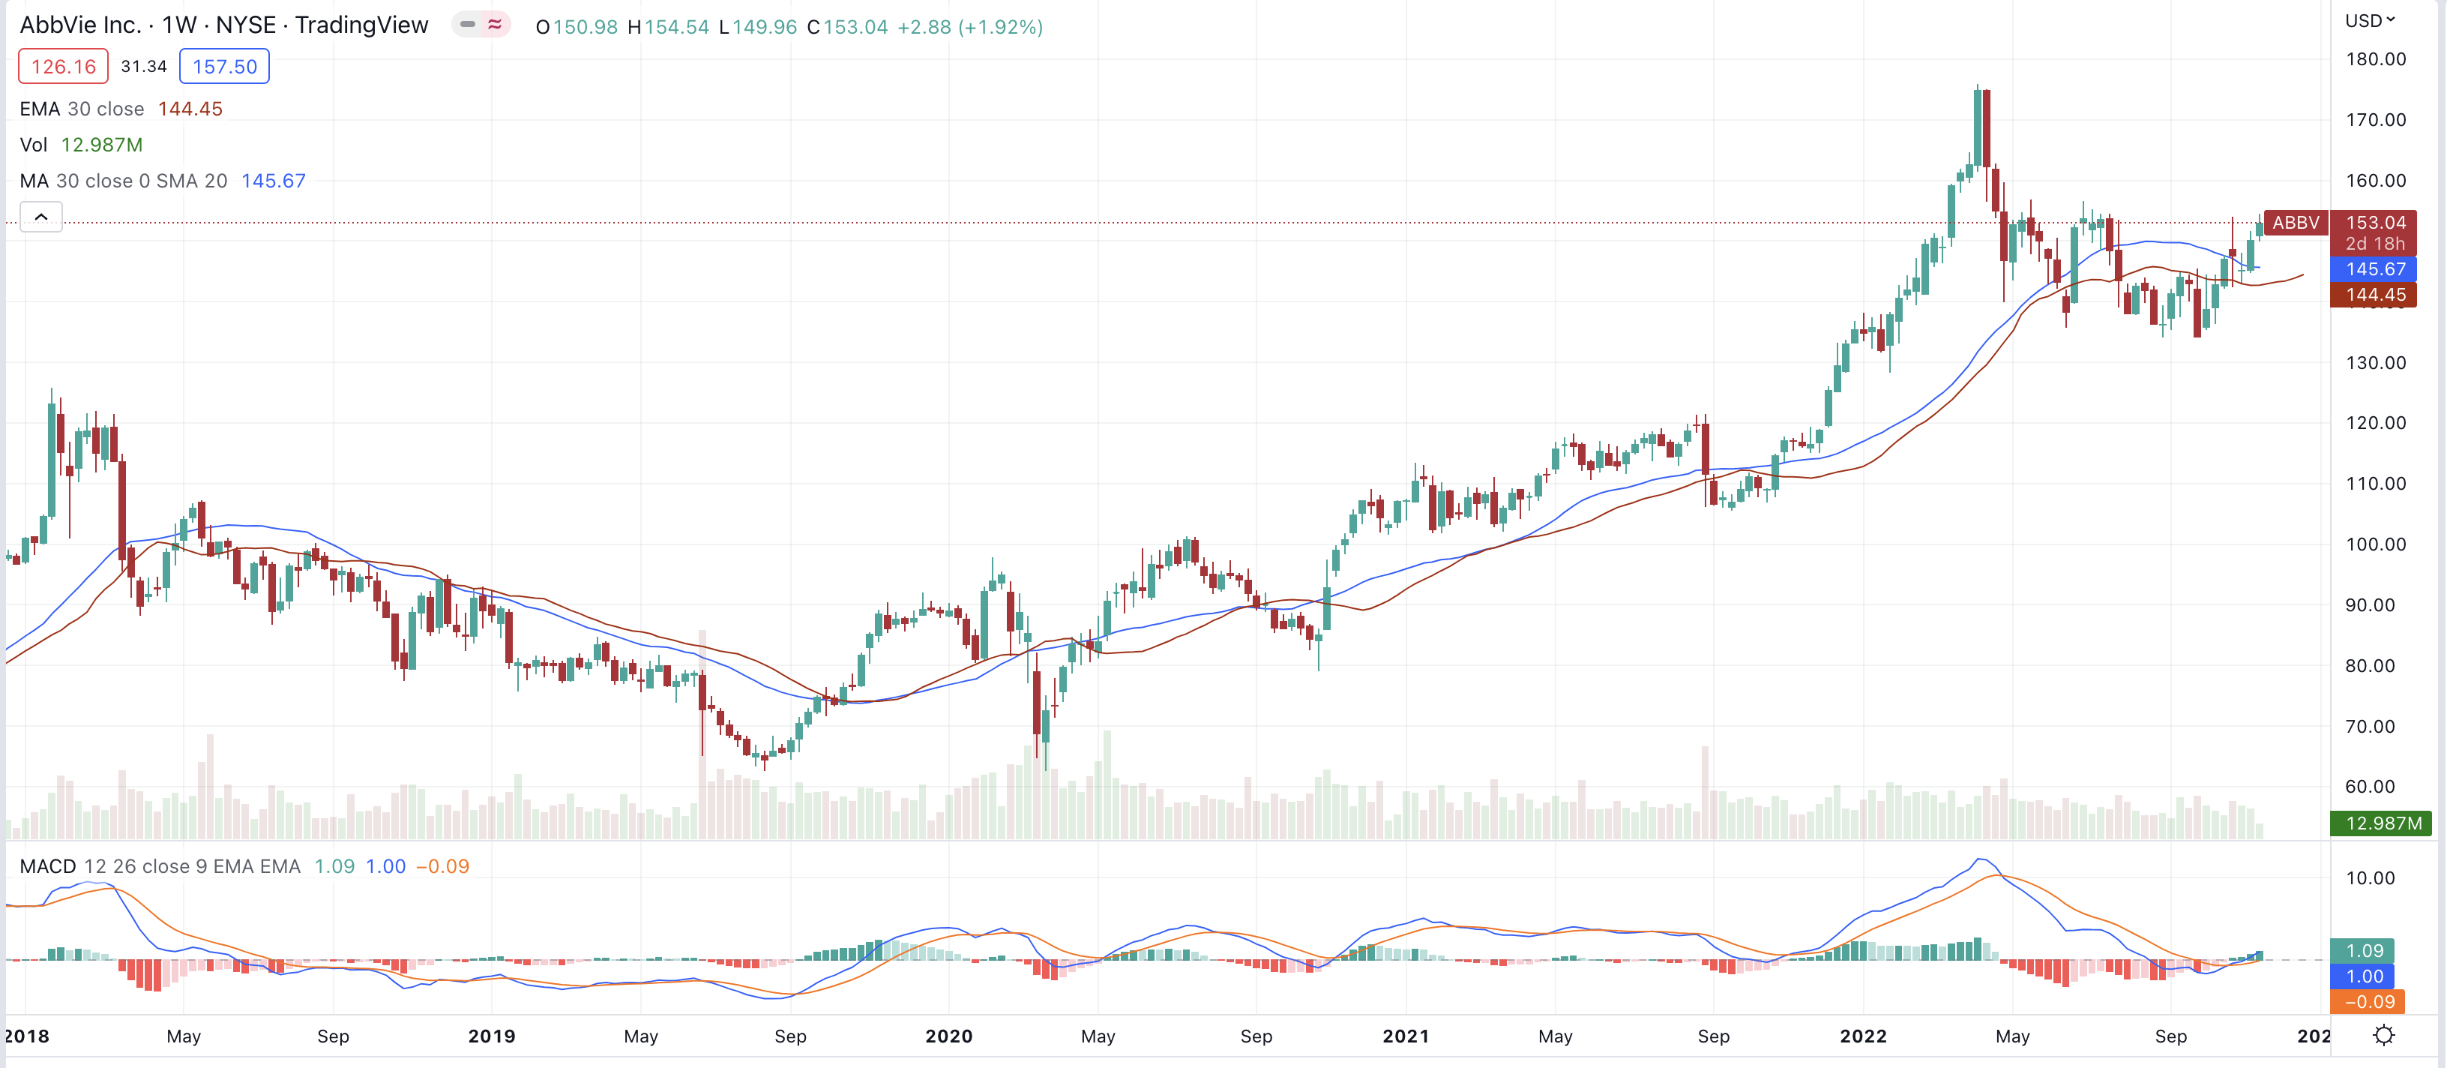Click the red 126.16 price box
[x=63, y=67]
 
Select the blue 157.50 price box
[x=224, y=67]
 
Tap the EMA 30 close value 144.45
[x=190, y=109]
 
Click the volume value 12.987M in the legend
[x=102, y=145]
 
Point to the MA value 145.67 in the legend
[x=274, y=181]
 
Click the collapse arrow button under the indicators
[x=40, y=217]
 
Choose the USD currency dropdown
[x=2369, y=21]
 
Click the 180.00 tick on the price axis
[x=2375, y=59]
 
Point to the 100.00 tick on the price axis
[x=2375, y=544]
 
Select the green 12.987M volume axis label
[x=2382, y=823]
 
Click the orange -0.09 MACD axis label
[x=2369, y=1001]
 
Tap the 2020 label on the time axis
[x=948, y=1036]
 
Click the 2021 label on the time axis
[x=1405, y=1036]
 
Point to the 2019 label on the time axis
[x=491, y=1036]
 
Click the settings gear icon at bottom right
[x=2383, y=1036]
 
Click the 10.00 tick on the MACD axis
[x=2369, y=878]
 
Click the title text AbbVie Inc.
[x=81, y=25]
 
